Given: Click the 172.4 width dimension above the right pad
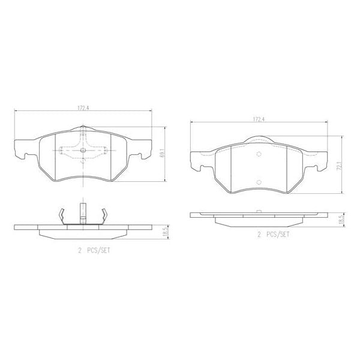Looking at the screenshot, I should pyautogui.click(x=259, y=119).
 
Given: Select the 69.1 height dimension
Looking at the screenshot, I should pyautogui.click(x=163, y=155).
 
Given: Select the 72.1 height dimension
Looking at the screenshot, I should pyautogui.click(x=340, y=164).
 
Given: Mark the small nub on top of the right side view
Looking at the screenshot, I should pyautogui.click(x=259, y=211).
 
